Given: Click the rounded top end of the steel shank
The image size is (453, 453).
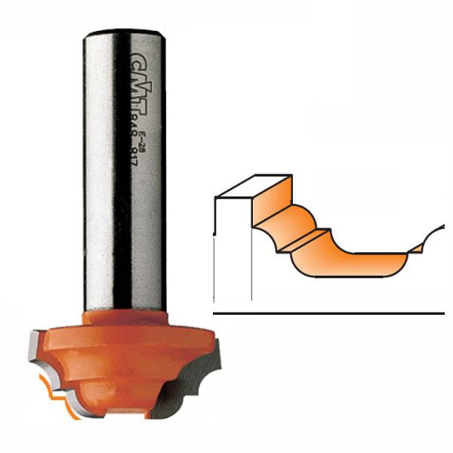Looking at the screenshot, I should click(x=123, y=33).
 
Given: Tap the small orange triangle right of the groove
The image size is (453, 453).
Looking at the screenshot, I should click(x=416, y=248).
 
